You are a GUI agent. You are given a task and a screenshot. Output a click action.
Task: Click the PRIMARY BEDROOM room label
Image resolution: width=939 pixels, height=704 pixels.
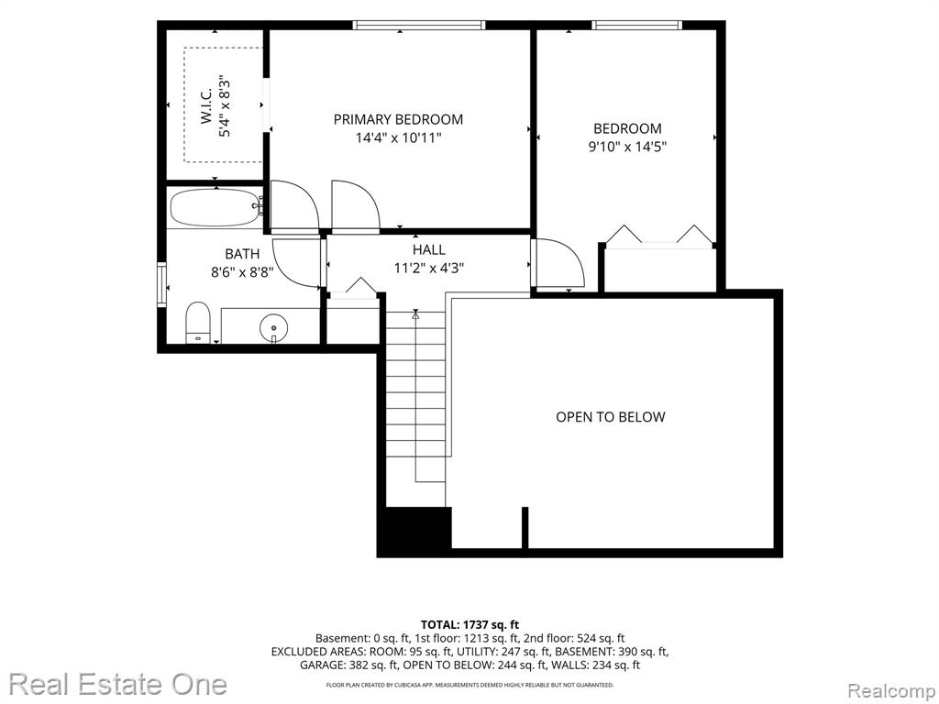pos(398,119)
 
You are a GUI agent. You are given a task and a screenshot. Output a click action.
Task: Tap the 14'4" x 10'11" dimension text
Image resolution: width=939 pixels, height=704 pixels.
pos(398,137)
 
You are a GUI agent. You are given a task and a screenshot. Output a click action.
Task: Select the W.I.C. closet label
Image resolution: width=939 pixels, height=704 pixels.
pos(206,106)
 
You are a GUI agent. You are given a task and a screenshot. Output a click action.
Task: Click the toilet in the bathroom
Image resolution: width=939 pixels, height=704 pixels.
pos(198,322)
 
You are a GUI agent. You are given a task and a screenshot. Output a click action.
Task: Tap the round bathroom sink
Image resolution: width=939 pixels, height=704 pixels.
pos(273,328)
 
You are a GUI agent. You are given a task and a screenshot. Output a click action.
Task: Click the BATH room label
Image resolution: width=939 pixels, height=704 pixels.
pos(242,254)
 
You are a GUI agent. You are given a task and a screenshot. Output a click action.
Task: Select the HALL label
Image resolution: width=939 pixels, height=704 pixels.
pos(429,249)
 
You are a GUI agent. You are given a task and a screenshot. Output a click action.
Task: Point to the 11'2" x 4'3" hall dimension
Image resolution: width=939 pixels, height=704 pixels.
pos(429,268)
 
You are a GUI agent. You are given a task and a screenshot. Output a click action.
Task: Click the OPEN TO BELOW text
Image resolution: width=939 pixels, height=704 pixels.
pos(610,417)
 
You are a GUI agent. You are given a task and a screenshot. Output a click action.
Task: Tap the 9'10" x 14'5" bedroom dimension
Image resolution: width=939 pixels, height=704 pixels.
pos(627,146)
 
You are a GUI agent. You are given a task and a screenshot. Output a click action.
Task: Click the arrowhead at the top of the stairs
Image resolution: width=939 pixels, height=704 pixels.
pos(415,313)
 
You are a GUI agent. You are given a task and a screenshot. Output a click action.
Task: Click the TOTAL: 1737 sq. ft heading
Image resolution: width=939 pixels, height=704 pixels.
pos(469,625)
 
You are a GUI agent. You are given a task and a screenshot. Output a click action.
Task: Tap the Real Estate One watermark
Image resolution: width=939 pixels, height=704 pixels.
pos(118,684)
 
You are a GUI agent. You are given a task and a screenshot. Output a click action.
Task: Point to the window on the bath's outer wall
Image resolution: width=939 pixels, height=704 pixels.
pos(161,284)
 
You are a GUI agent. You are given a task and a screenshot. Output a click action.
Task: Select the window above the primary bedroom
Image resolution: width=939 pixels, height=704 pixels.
pos(418,25)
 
